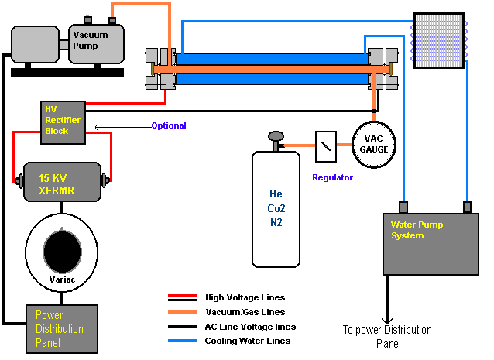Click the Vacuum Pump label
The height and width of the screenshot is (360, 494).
[x=91, y=40]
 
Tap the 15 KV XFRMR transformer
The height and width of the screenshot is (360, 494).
[x=62, y=183]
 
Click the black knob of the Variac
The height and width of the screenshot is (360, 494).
[x=61, y=251]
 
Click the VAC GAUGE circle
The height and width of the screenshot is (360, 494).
[x=375, y=144]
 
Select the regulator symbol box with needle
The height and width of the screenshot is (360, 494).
[x=326, y=144]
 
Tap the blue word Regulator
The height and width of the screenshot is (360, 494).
[x=332, y=177]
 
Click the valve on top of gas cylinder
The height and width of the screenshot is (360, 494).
[x=275, y=140]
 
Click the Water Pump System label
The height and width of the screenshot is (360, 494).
[x=418, y=230]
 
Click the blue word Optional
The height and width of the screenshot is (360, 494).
[x=168, y=125]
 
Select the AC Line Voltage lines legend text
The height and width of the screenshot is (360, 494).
[x=250, y=327]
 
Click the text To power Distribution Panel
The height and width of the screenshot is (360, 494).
[x=386, y=336]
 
